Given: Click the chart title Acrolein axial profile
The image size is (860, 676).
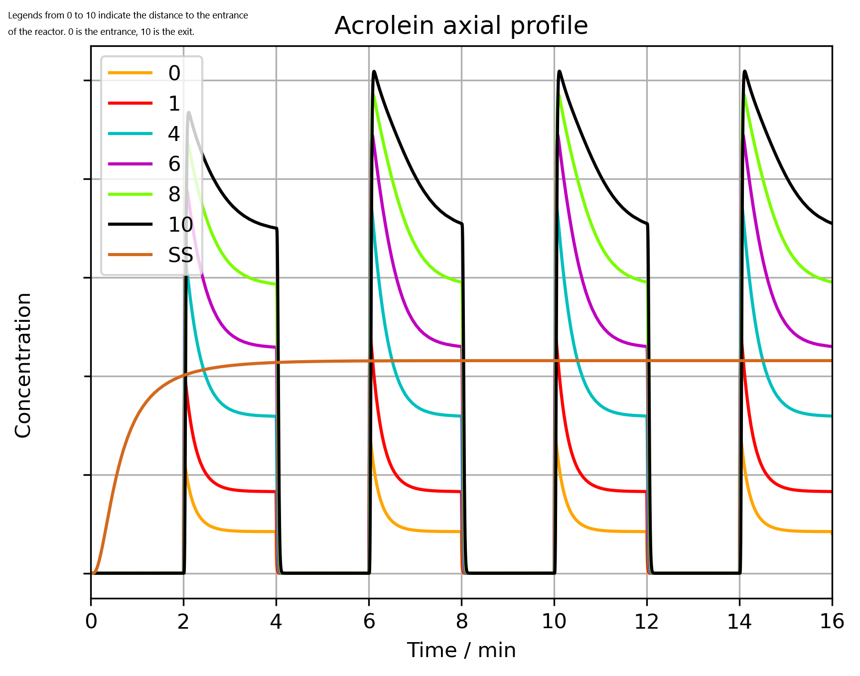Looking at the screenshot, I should (x=461, y=25).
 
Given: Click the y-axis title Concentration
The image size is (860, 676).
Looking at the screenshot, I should (x=23, y=365).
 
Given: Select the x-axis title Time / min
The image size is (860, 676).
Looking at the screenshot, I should (x=461, y=650).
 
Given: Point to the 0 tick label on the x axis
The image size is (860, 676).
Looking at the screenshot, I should (x=91, y=622).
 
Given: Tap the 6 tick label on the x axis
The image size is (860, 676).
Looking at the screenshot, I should (x=369, y=622).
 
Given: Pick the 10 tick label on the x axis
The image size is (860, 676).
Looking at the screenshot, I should (x=554, y=622).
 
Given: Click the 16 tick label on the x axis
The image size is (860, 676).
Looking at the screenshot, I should (x=832, y=622).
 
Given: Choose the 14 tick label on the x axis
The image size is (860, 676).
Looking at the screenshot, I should (x=739, y=622).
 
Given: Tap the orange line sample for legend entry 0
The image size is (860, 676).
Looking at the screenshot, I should (x=130, y=73).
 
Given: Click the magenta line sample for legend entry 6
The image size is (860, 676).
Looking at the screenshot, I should (x=130, y=164).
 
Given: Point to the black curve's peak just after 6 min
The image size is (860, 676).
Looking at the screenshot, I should (x=374, y=71).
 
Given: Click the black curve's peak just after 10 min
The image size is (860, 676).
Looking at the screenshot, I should (x=560, y=71).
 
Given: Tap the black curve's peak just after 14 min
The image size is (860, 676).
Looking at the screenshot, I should (x=745, y=71).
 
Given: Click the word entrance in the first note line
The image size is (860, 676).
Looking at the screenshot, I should (x=231, y=15).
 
